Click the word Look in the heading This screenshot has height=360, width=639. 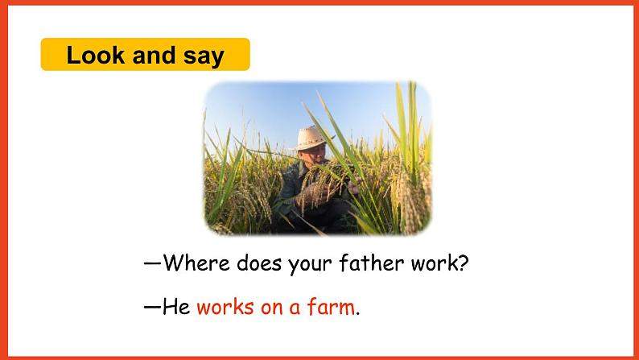[95, 55]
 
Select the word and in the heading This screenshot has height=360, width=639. [154, 55]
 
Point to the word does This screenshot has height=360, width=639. [259, 263]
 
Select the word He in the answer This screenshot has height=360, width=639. [176, 307]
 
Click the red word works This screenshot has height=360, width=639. [225, 307]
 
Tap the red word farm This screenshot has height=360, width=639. [331, 307]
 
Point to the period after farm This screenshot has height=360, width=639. [358, 314]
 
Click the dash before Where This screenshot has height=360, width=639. [153, 263]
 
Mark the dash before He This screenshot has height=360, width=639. [153, 307]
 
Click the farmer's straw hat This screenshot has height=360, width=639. [312, 138]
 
